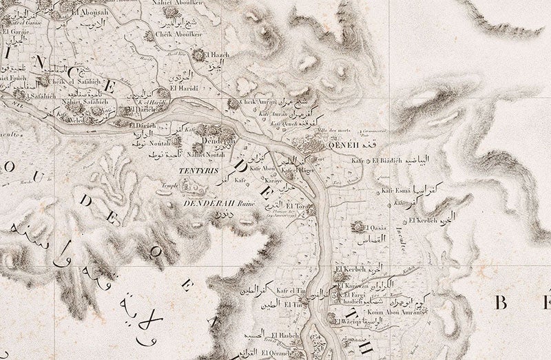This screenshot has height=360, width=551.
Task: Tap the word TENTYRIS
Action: [x=193, y=168]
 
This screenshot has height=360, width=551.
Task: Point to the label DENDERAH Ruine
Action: [x=210, y=204]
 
